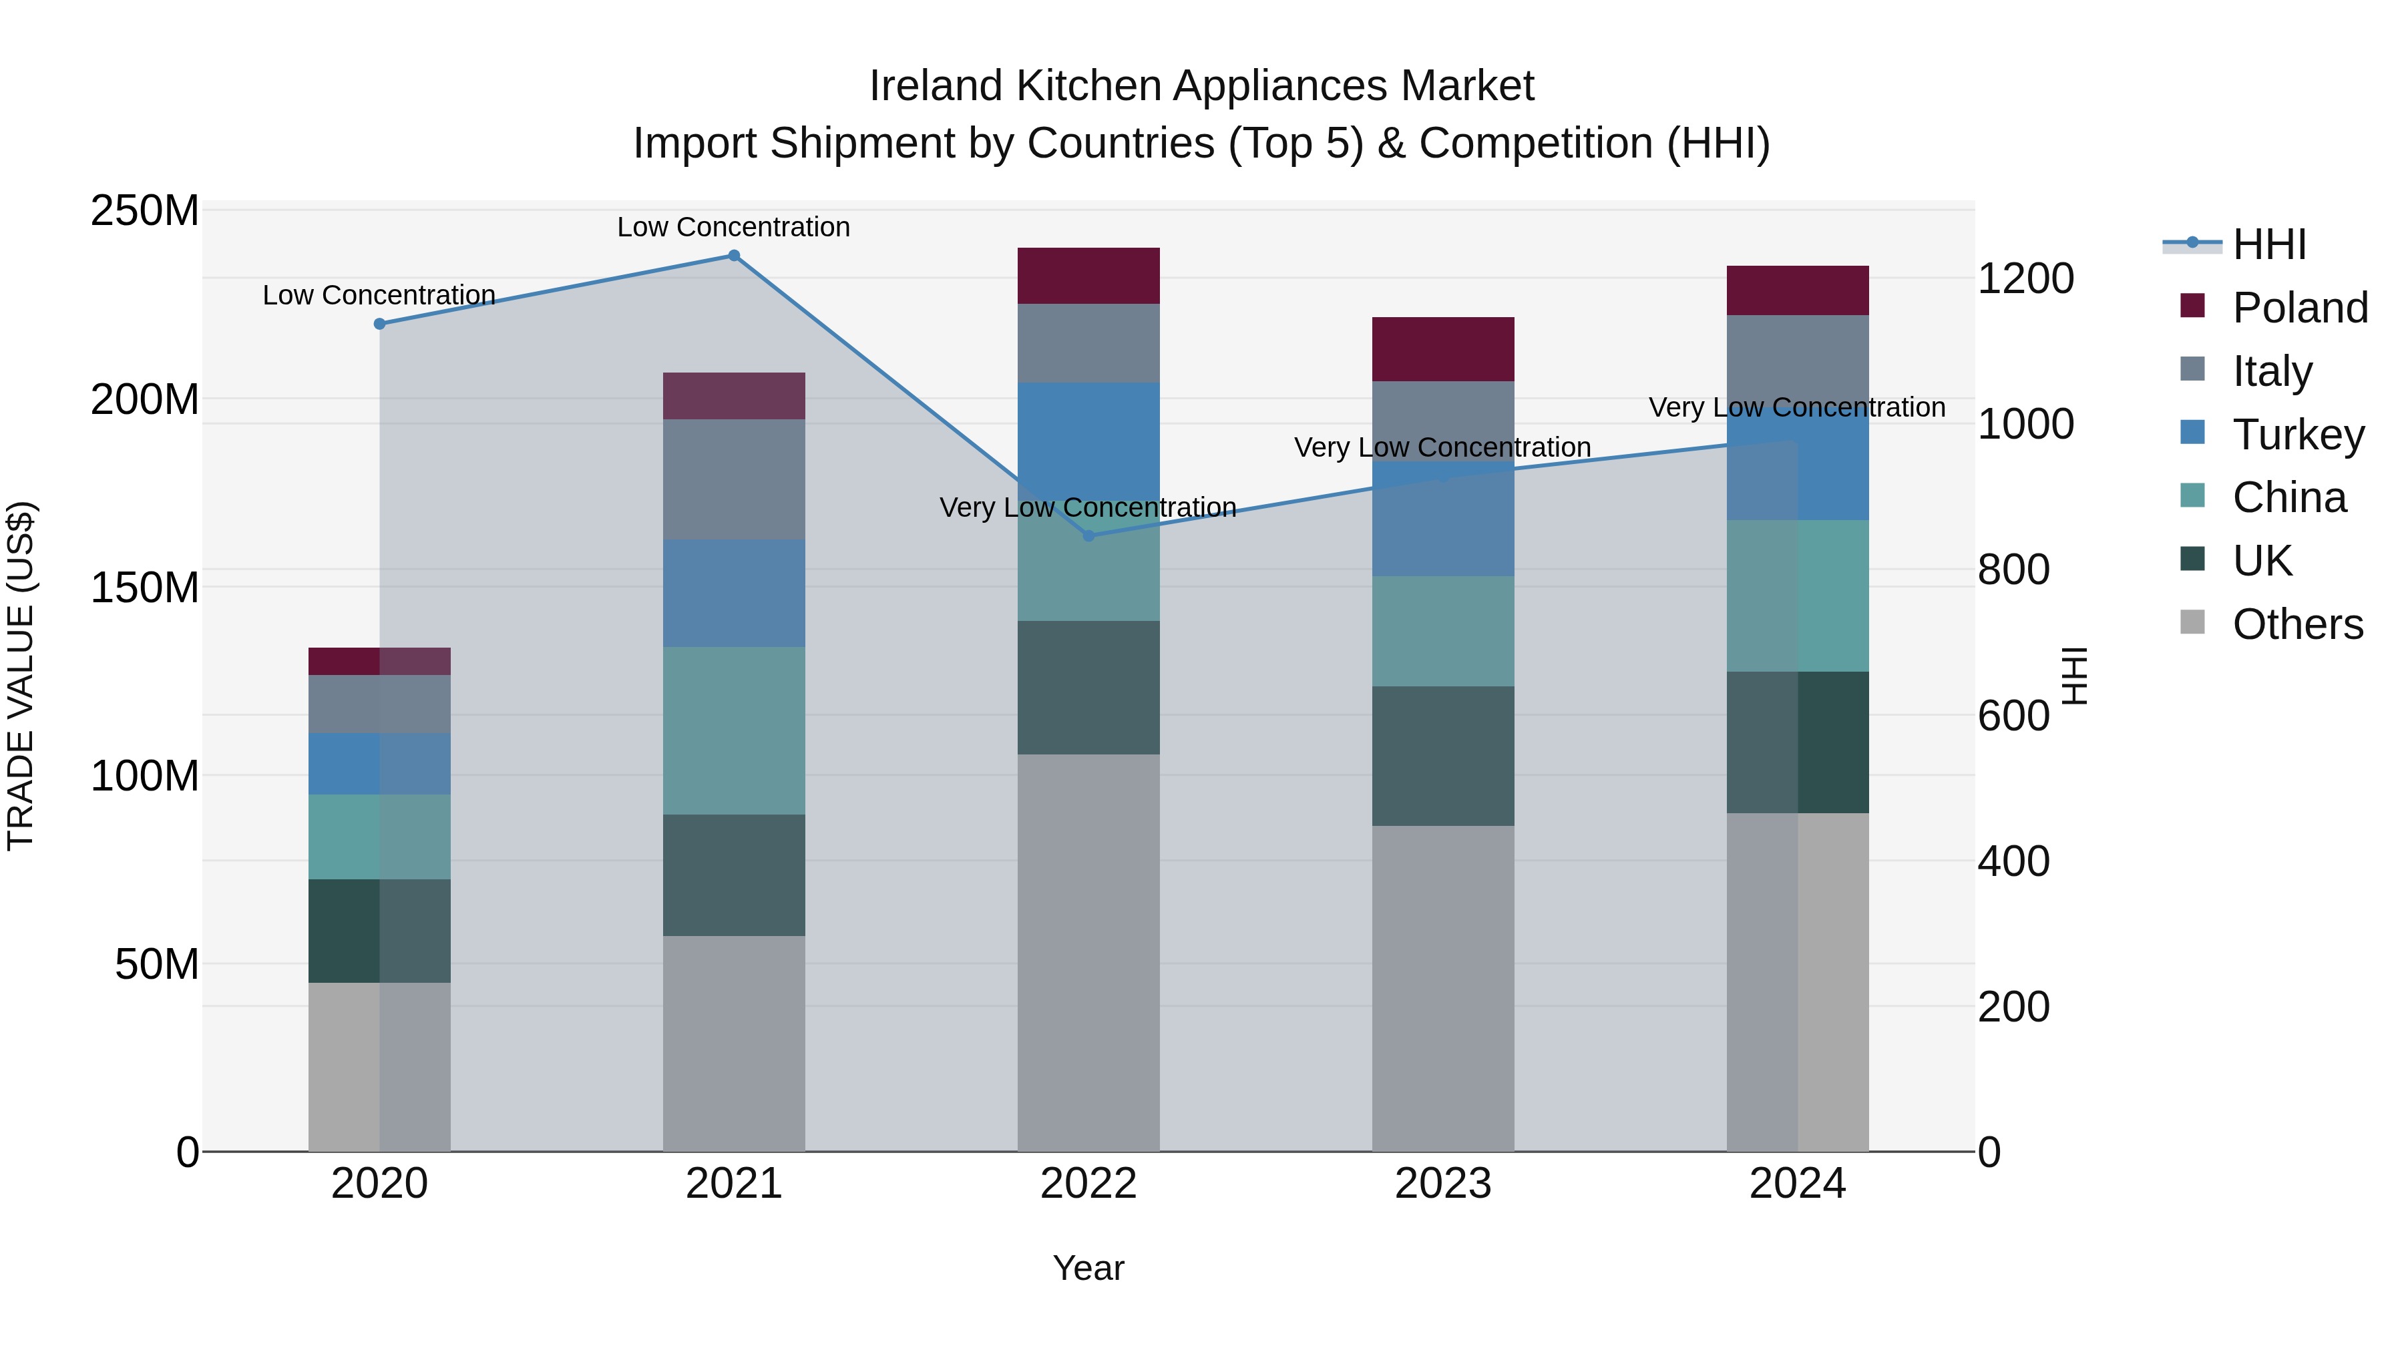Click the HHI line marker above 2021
click(x=733, y=256)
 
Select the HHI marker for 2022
click(x=1088, y=535)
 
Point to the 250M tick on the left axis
click(x=145, y=211)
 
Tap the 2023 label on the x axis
click(x=1443, y=1184)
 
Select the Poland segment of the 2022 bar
click(x=1088, y=276)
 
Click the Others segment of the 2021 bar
click(x=733, y=1043)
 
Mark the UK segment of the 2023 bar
click(x=1443, y=756)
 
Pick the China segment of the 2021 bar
click(x=733, y=730)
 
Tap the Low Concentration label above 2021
click(x=733, y=227)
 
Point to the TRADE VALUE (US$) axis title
click(x=21, y=676)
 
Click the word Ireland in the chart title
click(x=936, y=86)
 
